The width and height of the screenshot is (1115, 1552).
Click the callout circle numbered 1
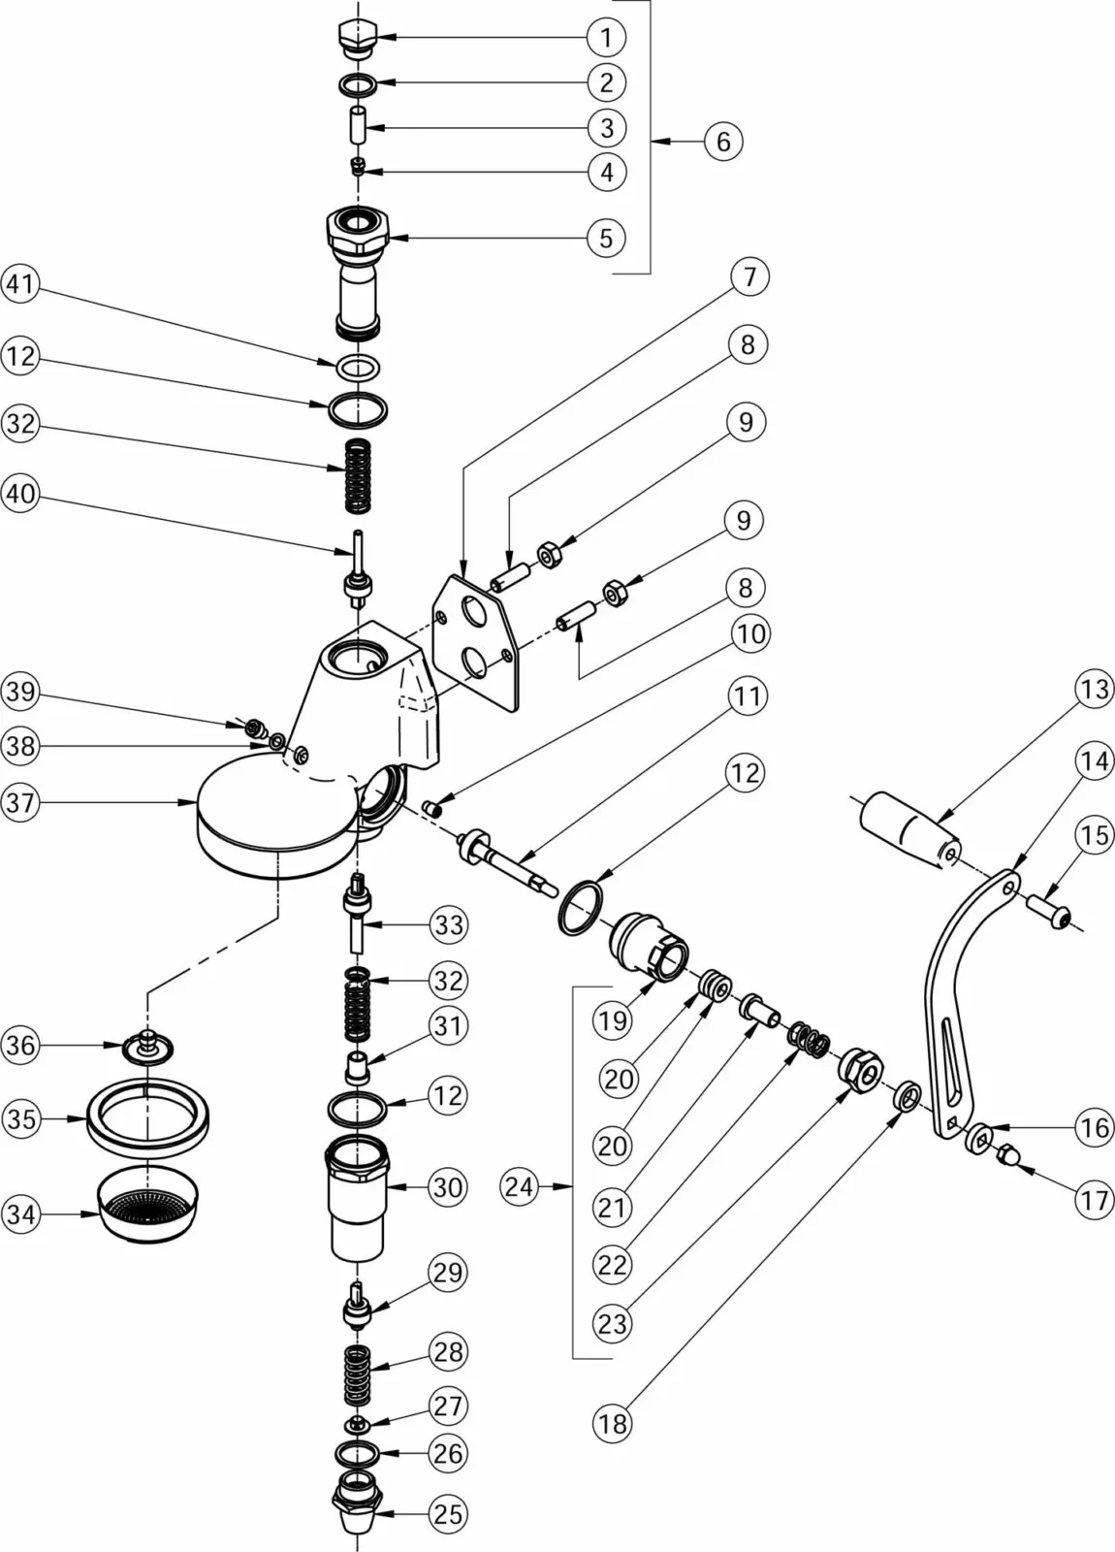pyautogui.click(x=606, y=38)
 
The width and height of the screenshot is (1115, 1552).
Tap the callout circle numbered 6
pyautogui.click(x=723, y=142)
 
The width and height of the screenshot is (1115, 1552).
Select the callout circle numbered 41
pyautogui.click(x=20, y=285)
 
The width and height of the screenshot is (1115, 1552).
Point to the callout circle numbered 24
pyautogui.click(x=520, y=1185)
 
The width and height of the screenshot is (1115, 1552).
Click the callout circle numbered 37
pyautogui.click(x=20, y=803)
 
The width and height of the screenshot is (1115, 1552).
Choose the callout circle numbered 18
pyautogui.click(x=612, y=1424)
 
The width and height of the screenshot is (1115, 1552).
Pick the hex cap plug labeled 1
pyautogui.click(x=354, y=37)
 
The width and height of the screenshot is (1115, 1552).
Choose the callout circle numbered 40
pyautogui.click(x=20, y=494)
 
